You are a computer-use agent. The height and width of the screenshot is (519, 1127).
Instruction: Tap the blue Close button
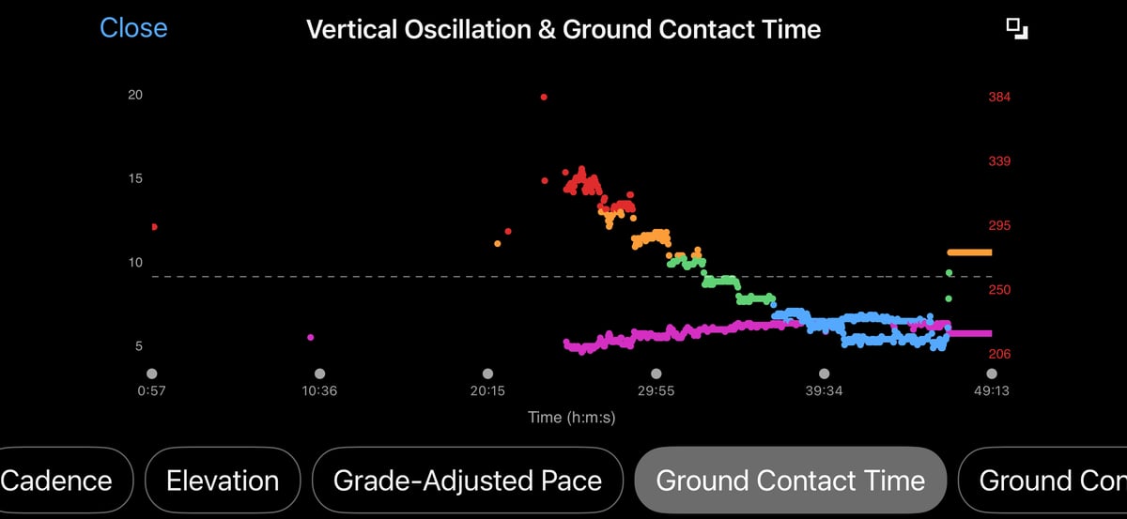coord(133,28)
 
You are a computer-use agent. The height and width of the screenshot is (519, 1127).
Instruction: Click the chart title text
coord(563,29)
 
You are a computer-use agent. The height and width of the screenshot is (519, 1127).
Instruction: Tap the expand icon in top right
coord(1017,28)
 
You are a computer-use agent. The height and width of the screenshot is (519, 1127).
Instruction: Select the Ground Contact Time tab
coord(790,481)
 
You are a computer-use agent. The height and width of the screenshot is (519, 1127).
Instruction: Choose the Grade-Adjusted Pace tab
coord(467,481)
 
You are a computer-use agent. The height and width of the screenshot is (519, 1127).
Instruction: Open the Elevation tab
coord(223,481)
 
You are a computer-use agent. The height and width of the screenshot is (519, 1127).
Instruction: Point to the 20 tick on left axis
coord(135,96)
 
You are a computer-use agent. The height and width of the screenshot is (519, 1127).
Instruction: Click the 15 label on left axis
coord(135,178)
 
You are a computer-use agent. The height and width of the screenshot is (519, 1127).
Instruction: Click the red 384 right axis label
coord(998,97)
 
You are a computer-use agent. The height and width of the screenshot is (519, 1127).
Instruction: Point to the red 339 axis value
coord(998,161)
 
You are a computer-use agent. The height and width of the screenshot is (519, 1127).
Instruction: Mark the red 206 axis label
coord(998,355)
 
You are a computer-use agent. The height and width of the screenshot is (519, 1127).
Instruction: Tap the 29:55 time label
coord(656,391)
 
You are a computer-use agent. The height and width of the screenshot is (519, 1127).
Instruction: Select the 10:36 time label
coord(319,391)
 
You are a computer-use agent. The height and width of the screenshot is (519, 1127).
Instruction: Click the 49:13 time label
coord(991,391)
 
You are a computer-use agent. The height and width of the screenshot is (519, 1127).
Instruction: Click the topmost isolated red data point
coord(544,97)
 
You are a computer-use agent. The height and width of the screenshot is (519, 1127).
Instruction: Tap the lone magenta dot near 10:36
coord(311,337)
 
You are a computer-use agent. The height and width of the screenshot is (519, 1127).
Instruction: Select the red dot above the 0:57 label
coord(154,227)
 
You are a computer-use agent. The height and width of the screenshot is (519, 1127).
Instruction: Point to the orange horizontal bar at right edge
coord(969,252)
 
